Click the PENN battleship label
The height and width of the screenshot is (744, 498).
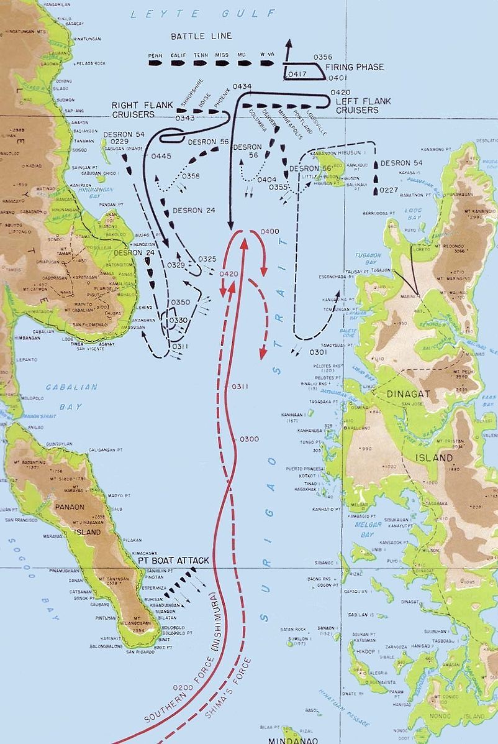coord(155,55)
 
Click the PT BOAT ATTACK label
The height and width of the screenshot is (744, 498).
coord(174,561)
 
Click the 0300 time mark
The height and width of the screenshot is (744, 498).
coord(248,439)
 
